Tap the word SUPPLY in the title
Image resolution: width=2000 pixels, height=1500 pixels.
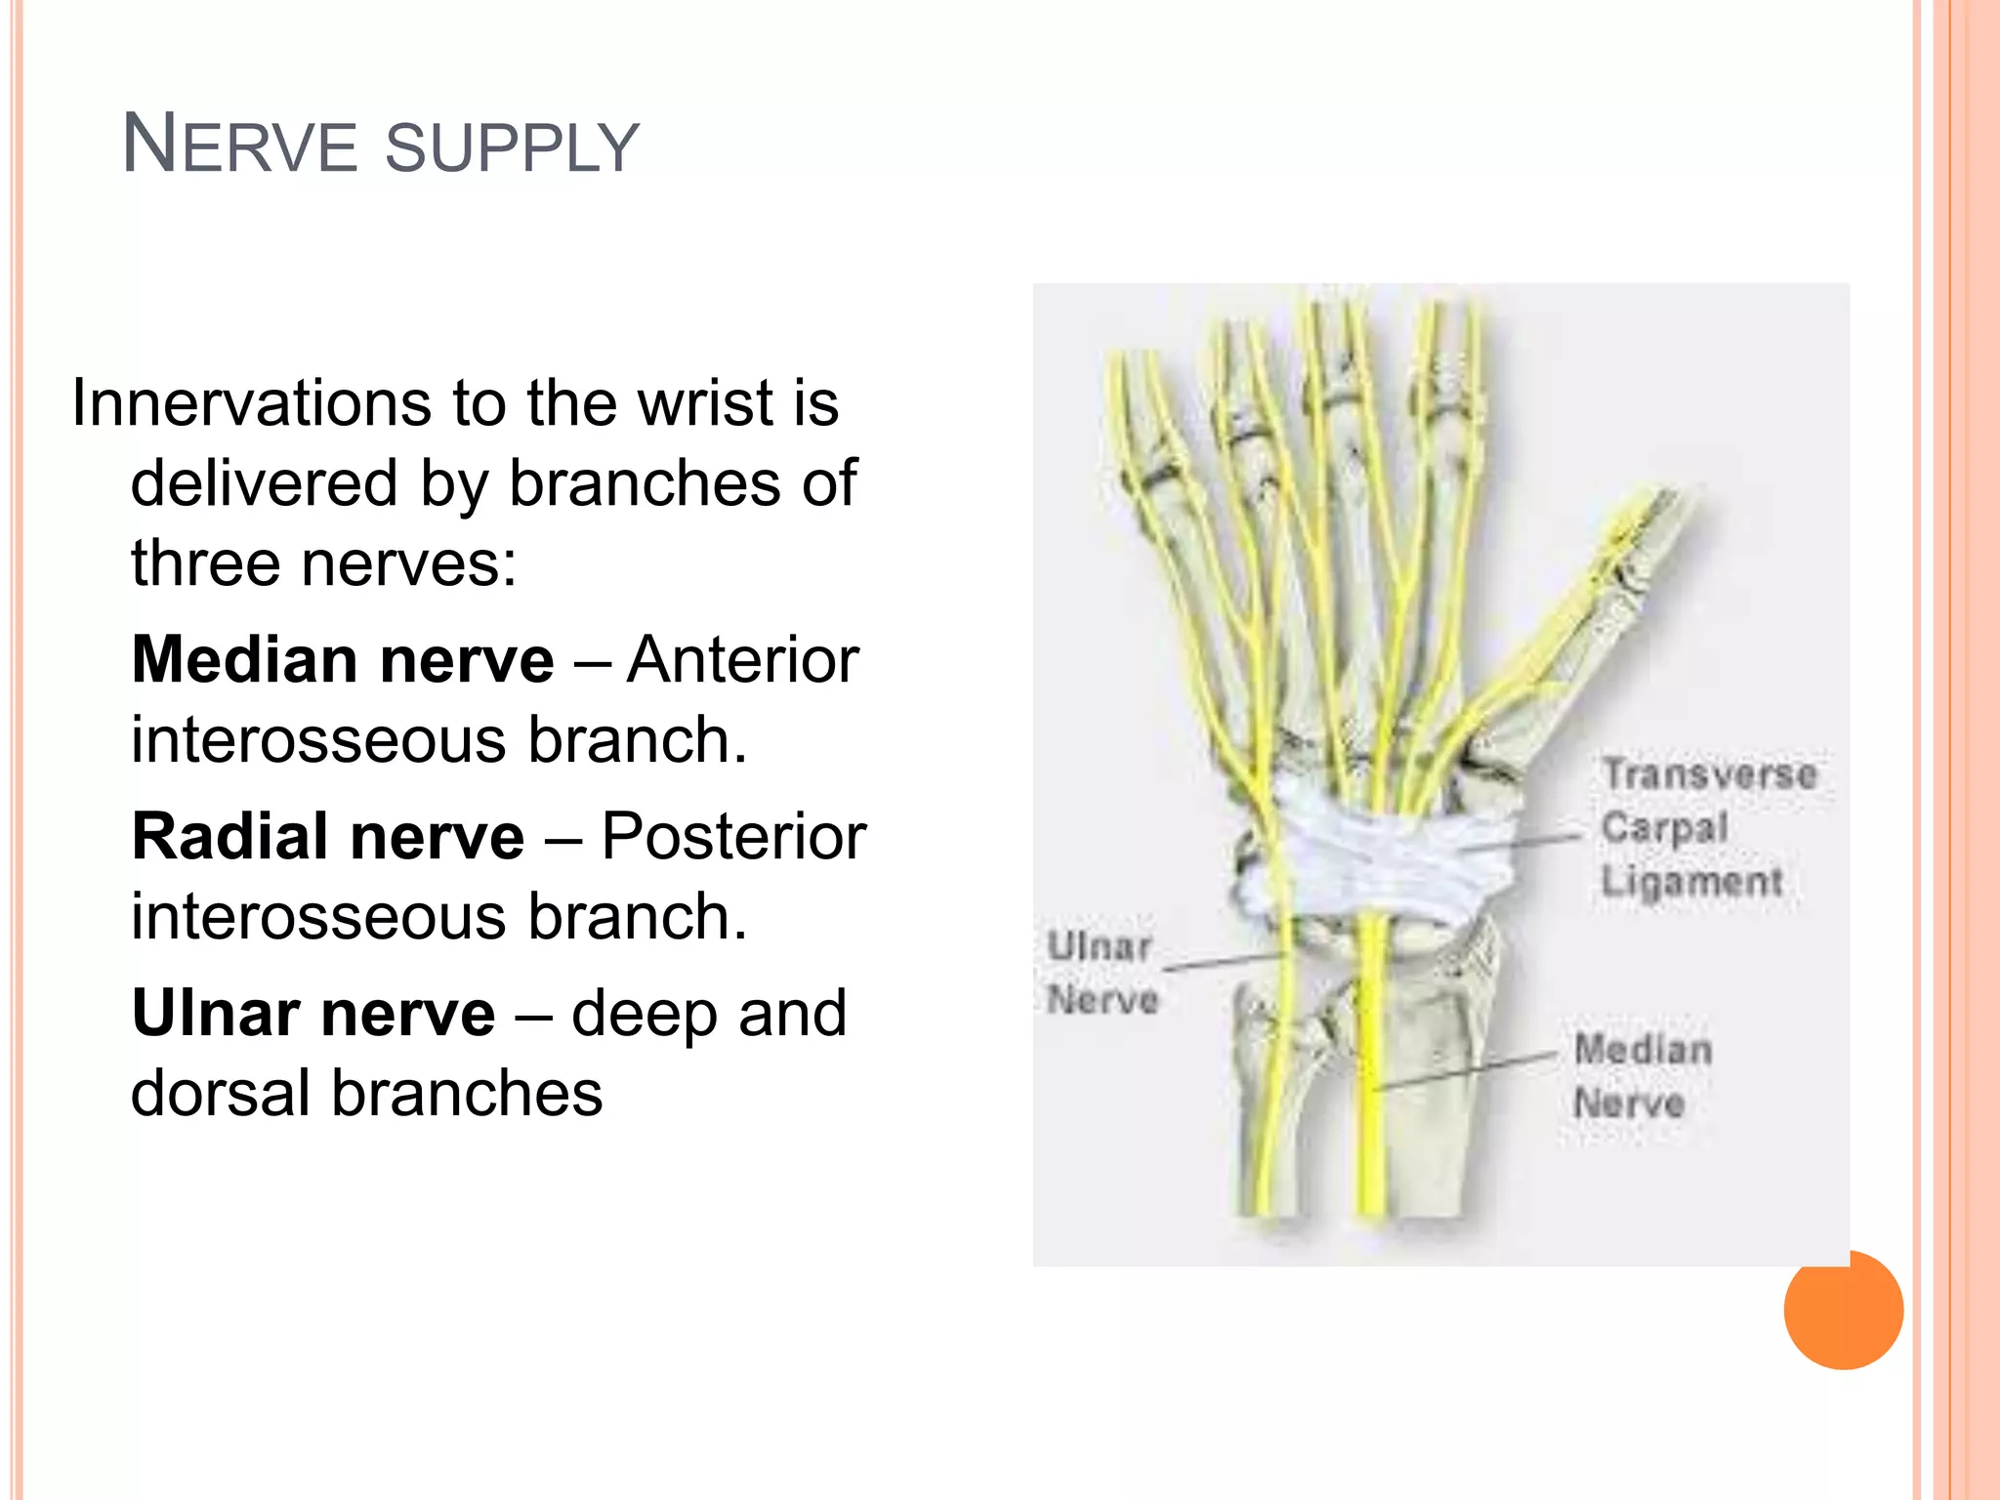click(x=512, y=149)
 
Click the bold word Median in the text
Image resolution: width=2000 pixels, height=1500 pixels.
click(x=245, y=660)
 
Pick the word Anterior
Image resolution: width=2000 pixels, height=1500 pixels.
click(x=743, y=660)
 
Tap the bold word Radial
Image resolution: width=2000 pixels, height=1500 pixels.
click(x=233, y=837)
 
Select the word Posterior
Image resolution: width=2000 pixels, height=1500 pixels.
click(x=733, y=837)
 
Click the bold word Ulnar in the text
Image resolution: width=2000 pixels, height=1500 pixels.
click(x=215, y=1014)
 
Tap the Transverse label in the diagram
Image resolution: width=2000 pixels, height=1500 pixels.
click(x=1710, y=774)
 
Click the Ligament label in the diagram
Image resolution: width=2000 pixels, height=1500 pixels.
click(x=1692, y=882)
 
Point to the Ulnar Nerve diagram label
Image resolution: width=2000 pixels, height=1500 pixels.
click(x=1102, y=973)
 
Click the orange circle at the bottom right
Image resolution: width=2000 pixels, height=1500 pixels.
click(x=1844, y=1312)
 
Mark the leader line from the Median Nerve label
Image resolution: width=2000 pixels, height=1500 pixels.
click(x=1465, y=1071)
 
